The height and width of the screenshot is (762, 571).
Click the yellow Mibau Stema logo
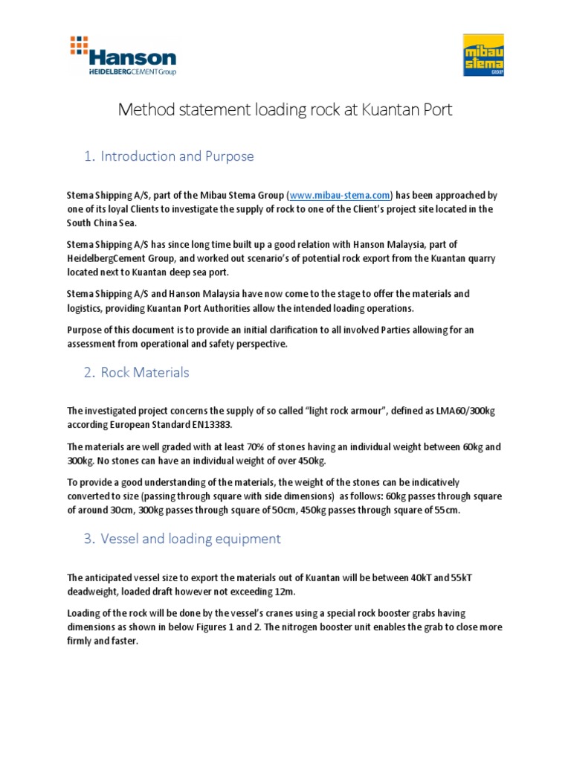[x=483, y=55]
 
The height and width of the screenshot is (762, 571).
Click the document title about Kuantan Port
[x=285, y=110]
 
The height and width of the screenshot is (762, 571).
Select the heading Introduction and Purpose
[x=177, y=156]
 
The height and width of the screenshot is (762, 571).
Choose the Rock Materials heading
[x=145, y=372]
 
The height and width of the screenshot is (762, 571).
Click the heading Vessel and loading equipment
[x=190, y=539]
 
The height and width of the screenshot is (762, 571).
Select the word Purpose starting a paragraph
[x=85, y=330]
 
